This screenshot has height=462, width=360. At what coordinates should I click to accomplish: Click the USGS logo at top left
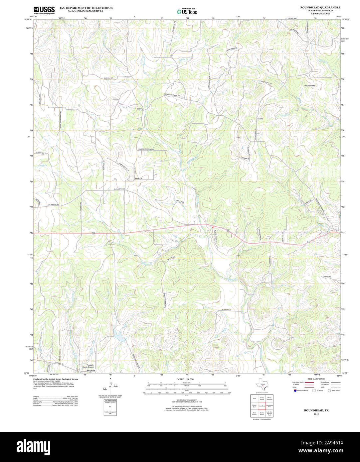coord(44,10)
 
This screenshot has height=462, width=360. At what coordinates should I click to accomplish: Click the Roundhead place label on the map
coord(309,86)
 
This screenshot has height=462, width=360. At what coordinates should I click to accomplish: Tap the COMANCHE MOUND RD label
coord(146,150)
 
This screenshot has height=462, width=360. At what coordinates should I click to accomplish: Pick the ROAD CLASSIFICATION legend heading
coord(316,379)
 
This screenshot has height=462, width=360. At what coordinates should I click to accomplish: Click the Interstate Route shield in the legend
coord(295,391)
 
